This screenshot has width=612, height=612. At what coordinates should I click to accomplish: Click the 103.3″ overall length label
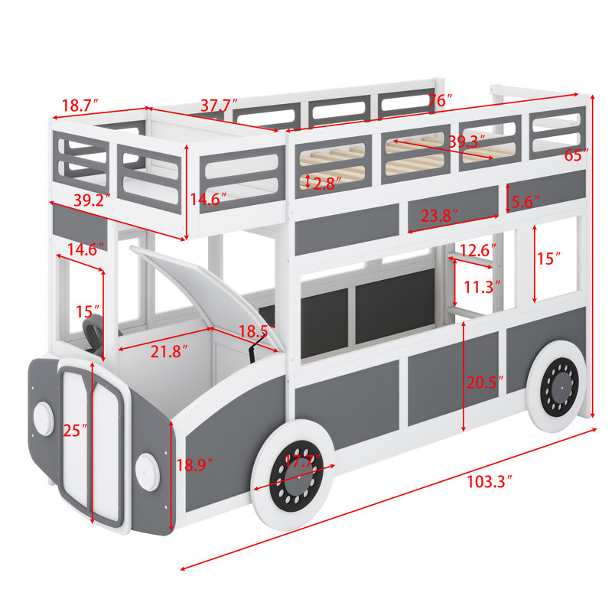(x=489, y=482)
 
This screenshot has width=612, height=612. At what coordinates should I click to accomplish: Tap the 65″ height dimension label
(x=577, y=155)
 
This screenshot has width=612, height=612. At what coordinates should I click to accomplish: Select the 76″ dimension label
(x=439, y=100)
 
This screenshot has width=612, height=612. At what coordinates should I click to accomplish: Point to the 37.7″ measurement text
(x=220, y=105)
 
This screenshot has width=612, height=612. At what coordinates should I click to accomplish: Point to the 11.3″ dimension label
(x=482, y=287)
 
